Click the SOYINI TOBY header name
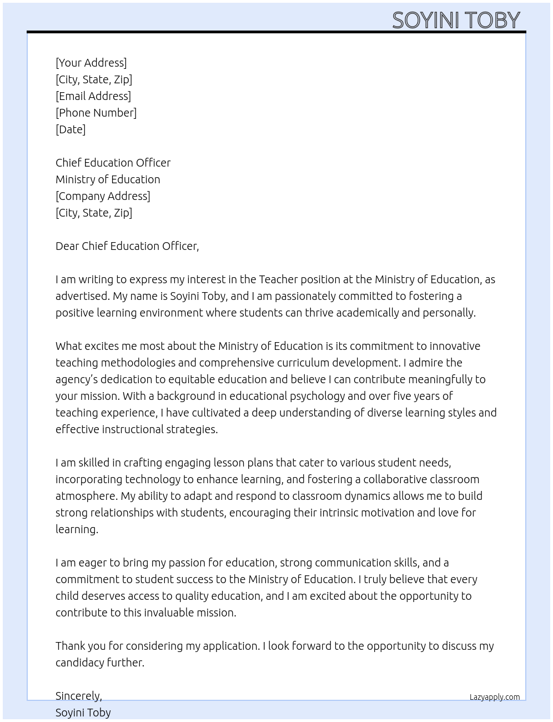(x=456, y=20)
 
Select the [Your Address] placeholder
(x=91, y=63)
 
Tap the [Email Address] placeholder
(x=93, y=96)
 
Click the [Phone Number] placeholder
(x=96, y=113)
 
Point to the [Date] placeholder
(x=71, y=129)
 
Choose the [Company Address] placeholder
(x=103, y=196)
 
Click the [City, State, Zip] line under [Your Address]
(x=94, y=79)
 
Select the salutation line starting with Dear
(x=127, y=246)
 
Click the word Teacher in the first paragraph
(x=278, y=279)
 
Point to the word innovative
(x=455, y=346)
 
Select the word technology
(x=152, y=479)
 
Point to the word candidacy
(x=81, y=663)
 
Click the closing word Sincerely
(x=78, y=696)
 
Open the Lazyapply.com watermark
(x=494, y=697)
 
